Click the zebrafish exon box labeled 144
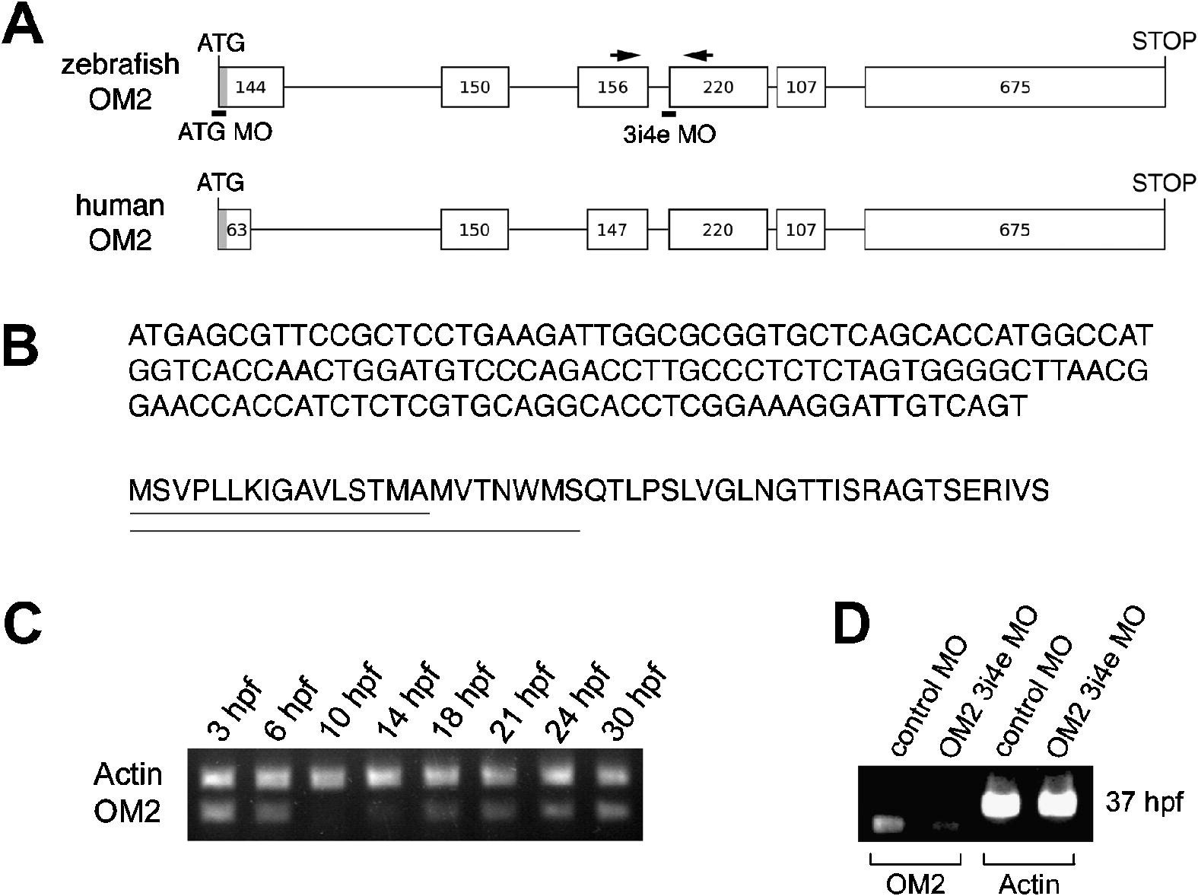[x=251, y=87]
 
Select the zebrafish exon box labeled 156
[x=612, y=87]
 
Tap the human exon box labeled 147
[x=617, y=230]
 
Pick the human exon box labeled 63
[x=236, y=230]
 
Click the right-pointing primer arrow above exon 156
[x=626, y=55]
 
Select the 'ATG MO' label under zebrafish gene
[x=224, y=132]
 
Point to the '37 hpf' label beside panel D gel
[x=1144, y=802]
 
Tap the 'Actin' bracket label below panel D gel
[x=1028, y=884]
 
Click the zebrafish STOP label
[x=1164, y=41]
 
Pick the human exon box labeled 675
[x=1014, y=230]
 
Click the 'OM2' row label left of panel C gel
[x=127, y=812]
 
